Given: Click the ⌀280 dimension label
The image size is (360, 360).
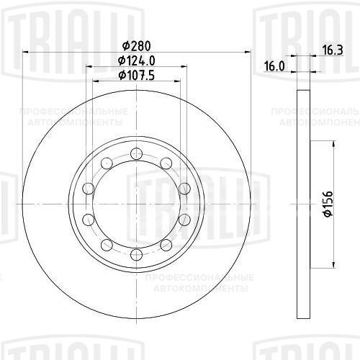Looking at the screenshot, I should (x=135, y=45).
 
